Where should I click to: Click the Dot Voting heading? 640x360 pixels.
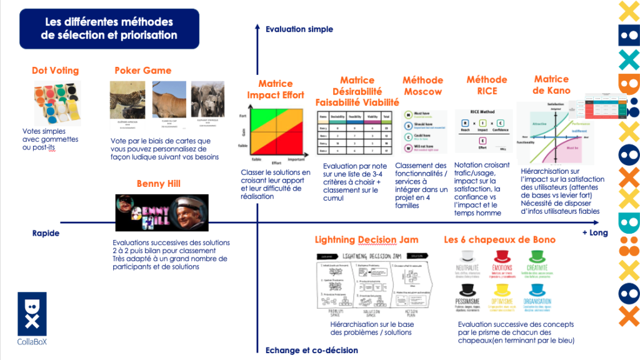click(x=55, y=71)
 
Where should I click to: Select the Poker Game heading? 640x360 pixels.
click(x=142, y=71)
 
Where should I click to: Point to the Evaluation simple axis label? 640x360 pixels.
click(x=299, y=29)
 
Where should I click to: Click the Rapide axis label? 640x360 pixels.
click(x=46, y=233)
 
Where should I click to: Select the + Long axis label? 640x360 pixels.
click(x=594, y=233)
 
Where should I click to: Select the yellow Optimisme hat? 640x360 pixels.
click(x=504, y=290)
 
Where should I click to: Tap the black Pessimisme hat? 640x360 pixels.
click(x=469, y=290)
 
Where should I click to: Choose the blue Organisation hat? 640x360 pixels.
click(x=538, y=290)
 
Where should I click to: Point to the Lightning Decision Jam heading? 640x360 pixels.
click(x=366, y=240)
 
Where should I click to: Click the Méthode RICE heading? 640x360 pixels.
click(x=487, y=86)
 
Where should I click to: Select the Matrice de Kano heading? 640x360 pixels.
click(x=551, y=86)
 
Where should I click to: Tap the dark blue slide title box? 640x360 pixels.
click(x=109, y=28)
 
